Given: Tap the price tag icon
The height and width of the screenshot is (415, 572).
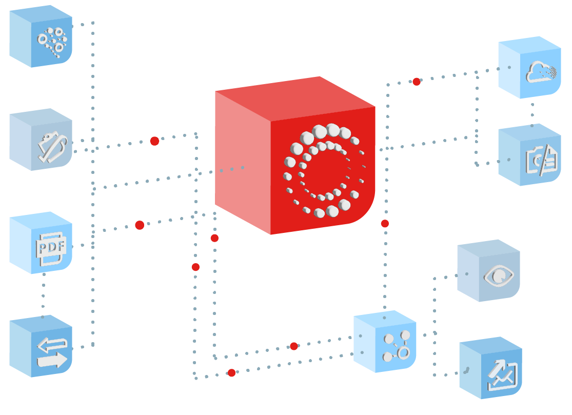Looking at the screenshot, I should click(52, 147).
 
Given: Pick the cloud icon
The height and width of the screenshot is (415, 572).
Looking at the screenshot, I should click(541, 73).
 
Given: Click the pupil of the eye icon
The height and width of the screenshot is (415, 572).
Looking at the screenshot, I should click(499, 276).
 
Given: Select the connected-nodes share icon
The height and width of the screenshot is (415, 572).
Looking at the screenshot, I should click(397, 345).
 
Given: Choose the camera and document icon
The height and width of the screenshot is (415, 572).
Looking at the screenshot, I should click(541, 160).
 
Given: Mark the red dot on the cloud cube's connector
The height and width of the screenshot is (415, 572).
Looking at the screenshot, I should click(417, 82).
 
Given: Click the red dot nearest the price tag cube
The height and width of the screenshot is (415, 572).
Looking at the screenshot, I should click(154, 141).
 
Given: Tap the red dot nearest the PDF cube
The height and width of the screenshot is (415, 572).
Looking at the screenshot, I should click(140, 225).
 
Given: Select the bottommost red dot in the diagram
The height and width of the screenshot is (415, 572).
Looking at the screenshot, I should click(231, 373).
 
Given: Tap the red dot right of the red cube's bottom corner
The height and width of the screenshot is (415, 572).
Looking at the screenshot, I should click(385, 224).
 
